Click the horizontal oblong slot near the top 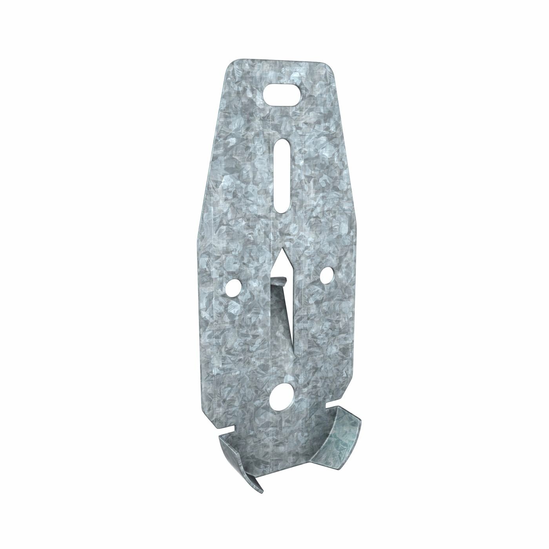click(x=281, y=95)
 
